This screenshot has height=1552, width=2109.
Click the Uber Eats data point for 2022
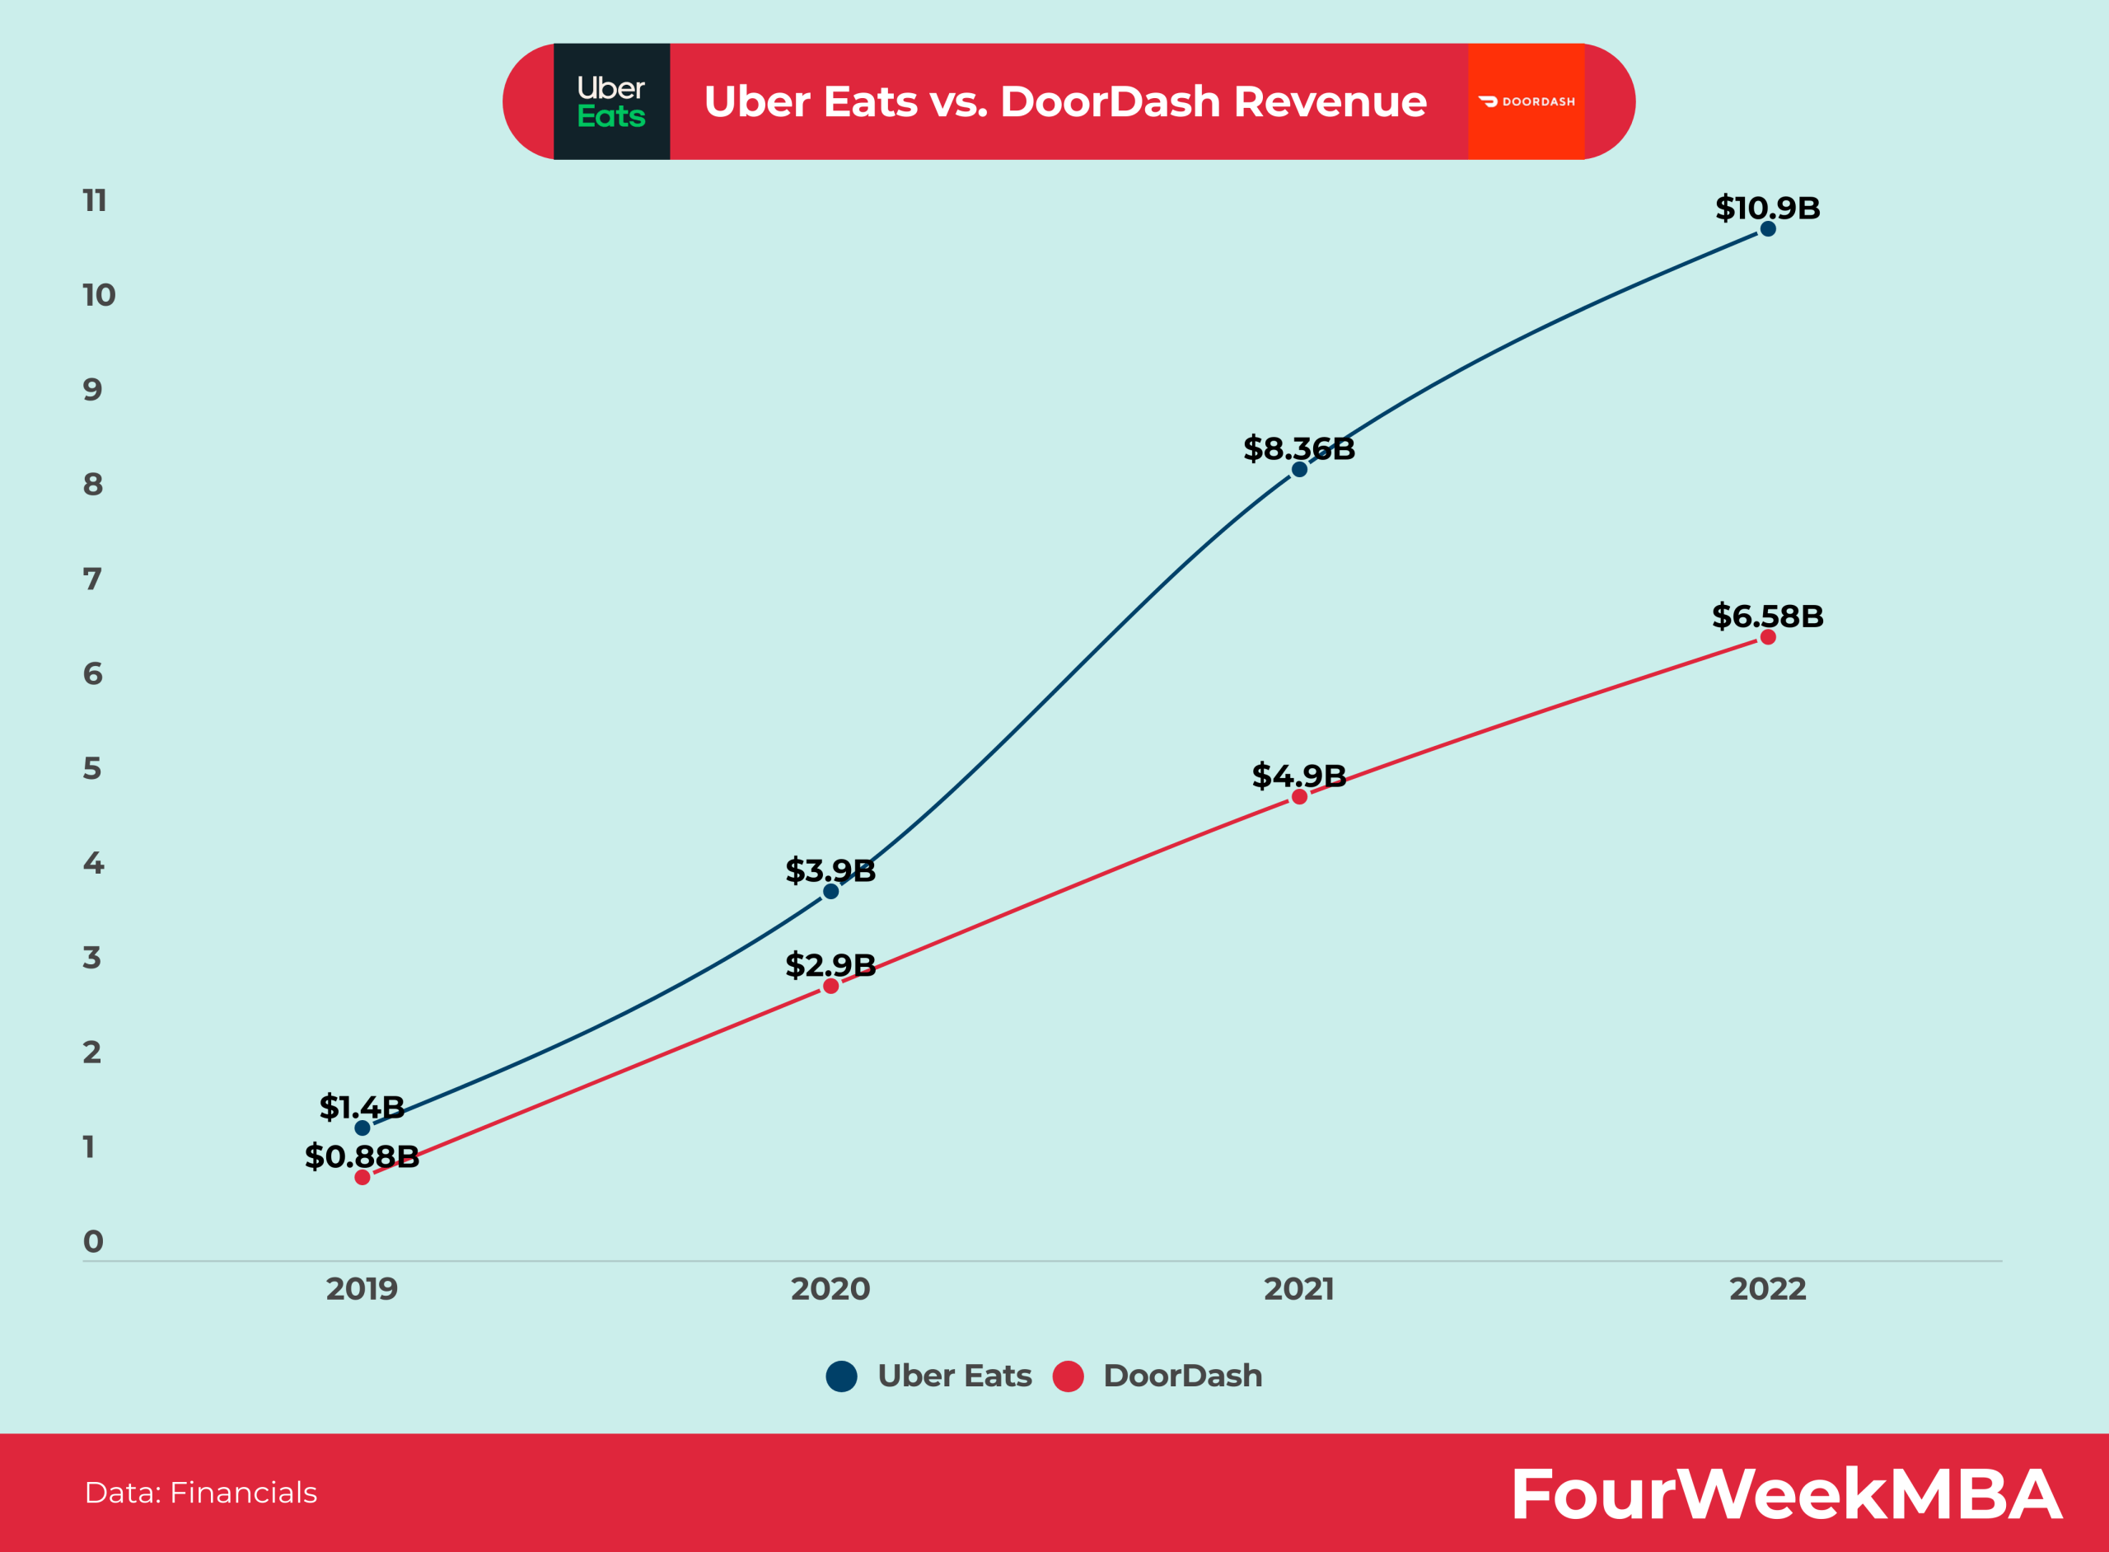point(1767,228)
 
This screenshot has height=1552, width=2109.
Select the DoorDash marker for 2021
point(1298,797)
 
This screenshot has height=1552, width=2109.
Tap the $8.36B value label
point(1298,449)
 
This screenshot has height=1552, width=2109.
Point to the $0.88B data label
point(362,1156)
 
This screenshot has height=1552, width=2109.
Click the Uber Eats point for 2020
point(830,892)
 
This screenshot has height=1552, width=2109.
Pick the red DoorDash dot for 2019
point(362,1177)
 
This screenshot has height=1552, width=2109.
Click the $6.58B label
point(1767,617)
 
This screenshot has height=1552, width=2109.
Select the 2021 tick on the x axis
point(1298,1289)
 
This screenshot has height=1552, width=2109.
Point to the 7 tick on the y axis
point(92,579)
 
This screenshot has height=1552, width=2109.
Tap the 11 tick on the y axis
point(95,200)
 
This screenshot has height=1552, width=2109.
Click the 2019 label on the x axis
point(362,1289)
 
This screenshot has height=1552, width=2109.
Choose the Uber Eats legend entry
point(953,1376)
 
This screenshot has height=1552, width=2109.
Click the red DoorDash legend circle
point(1068,1376)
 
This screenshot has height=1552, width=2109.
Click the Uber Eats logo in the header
point(611,101)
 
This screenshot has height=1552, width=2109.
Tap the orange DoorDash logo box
point(1526,101)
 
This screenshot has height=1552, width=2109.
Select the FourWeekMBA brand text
point(1785,1493)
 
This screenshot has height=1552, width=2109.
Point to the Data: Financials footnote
point(201,1493)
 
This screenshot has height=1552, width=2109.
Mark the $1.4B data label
point(362,1108)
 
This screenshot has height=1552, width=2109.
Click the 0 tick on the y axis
point(93,1242)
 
